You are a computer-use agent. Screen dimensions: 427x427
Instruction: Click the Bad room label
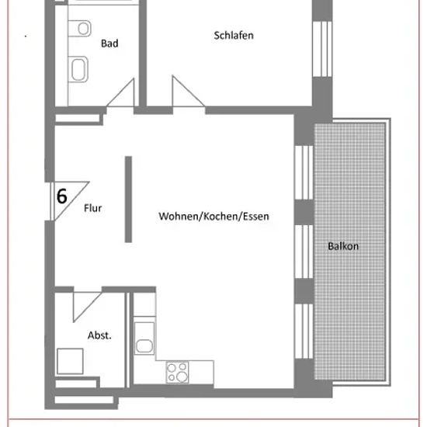[109, 43]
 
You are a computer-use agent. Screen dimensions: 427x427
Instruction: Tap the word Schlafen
[234, 36]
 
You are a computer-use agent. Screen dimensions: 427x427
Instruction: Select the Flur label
[93, 208]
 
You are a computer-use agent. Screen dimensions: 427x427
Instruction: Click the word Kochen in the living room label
[220, 217]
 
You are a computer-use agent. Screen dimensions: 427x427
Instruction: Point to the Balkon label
[343, 246]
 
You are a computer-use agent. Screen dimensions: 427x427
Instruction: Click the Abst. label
[99, 335]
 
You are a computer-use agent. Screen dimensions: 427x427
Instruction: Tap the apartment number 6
[62, 196]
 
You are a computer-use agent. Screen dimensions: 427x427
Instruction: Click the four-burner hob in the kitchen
[177, 372]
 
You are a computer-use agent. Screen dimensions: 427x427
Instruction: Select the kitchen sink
[144, 338]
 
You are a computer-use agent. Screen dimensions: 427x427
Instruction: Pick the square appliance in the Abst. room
[70, 361]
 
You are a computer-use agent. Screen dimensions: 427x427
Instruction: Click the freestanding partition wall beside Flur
[128, 200]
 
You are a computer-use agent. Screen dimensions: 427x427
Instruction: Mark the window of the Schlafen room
[322, 49]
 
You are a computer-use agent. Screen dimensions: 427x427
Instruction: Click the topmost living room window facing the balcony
[304, 172]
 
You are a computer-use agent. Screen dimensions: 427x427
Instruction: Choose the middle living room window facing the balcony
[304, 252]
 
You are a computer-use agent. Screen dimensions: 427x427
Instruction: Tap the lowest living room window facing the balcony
[304, 332]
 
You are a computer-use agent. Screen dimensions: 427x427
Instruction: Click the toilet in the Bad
[80, 28]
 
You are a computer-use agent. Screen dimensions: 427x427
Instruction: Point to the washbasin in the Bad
[78, 69]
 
